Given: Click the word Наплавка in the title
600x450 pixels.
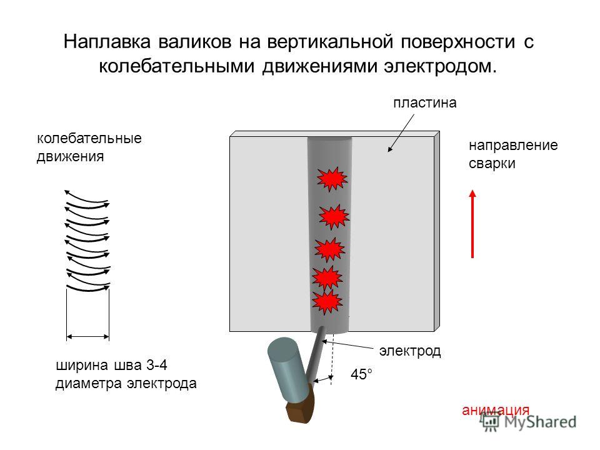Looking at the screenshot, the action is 107,41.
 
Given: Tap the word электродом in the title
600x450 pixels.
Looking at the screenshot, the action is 441,66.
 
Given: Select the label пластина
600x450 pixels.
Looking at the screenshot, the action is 425,103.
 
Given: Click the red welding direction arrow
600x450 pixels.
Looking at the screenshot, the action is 472,224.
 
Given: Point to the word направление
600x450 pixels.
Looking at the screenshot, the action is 513,146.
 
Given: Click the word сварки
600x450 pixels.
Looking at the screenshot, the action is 492,164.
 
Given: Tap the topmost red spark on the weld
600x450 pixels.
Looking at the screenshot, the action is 332,179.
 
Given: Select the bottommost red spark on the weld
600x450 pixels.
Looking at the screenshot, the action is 327,302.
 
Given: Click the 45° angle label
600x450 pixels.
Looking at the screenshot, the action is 361,374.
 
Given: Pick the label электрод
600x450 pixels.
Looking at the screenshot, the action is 410,351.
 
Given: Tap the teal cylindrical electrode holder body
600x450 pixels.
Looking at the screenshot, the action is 288,369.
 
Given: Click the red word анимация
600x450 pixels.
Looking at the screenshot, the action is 496,410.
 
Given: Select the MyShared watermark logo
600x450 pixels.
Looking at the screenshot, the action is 529,422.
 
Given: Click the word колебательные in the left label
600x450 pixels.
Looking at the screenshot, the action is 89,138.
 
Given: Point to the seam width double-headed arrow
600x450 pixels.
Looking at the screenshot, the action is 88,337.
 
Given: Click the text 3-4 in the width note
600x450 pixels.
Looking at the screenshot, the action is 156,366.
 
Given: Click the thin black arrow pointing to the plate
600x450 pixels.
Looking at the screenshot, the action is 401,133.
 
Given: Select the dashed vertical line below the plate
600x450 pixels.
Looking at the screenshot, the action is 332,357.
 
